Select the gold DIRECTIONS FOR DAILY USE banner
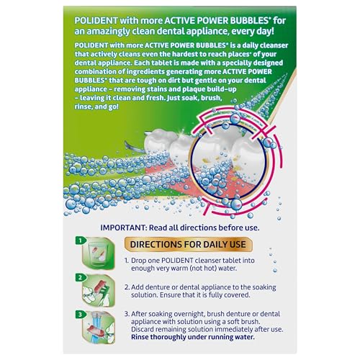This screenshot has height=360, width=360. coord(197,244)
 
